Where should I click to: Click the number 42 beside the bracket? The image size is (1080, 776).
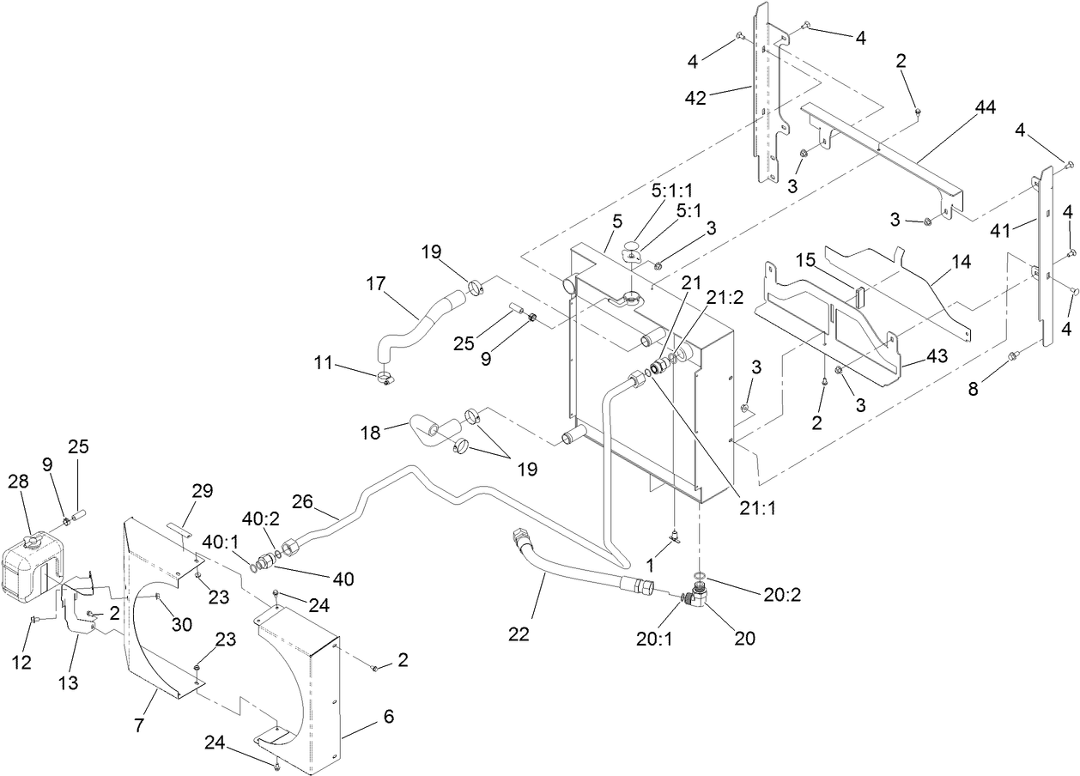pos(695,98)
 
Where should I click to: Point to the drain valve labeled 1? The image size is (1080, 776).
pos(674,538)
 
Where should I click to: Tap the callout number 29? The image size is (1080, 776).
pos(203,490)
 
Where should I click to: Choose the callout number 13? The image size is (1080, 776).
pos(68,682)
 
